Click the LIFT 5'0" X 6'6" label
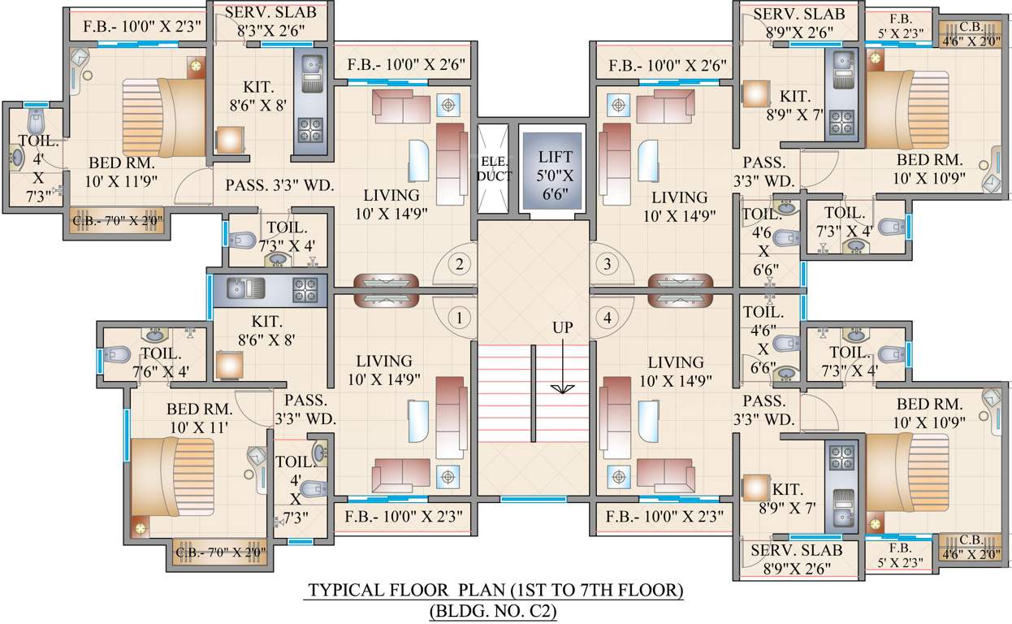[x=555, y=175]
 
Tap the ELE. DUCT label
[x=494, y=169]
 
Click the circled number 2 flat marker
[x=460, y=264]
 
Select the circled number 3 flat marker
[x=608, y=264]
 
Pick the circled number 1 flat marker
[x=460, y=318]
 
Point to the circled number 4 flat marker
[x=608, y=318]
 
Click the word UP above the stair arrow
[x=563, y=327]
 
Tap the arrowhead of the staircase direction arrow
[x=563, y=388]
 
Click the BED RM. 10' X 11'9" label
[x=121, y=171]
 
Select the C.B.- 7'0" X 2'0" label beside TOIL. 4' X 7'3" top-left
[x=118, y=221]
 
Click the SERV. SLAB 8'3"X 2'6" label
[x=271, y=21]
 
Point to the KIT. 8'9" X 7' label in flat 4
[x=788, y=498]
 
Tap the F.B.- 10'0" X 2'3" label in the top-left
[x=141, y=26]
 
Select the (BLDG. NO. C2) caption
[x=493, y=611]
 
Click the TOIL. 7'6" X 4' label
[x=161, y=362]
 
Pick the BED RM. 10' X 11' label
[x=199, y=418]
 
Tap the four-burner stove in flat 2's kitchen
[x=310, y=129]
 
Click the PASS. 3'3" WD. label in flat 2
[x=279, y=185]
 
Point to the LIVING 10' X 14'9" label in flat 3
[x=680, y=207]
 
